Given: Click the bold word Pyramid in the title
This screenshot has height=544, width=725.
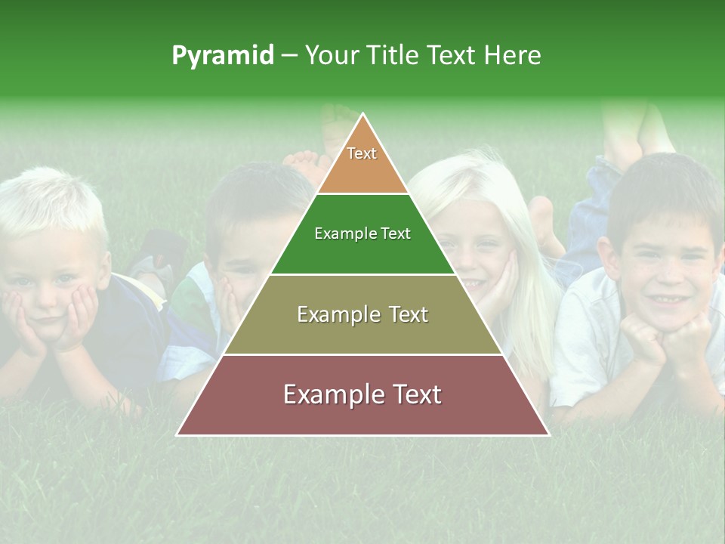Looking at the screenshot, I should (x=222, y=55).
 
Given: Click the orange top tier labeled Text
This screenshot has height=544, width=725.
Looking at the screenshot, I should (x=362, y=159).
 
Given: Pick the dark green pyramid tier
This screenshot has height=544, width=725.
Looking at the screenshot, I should (x=362, y=234).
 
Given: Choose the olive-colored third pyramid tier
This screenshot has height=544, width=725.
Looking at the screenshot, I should (x=362, y=314).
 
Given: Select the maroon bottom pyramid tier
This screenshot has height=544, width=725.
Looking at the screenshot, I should (x=362, y=395).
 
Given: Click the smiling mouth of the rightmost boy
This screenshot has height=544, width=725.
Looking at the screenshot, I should (x=665, y=298).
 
